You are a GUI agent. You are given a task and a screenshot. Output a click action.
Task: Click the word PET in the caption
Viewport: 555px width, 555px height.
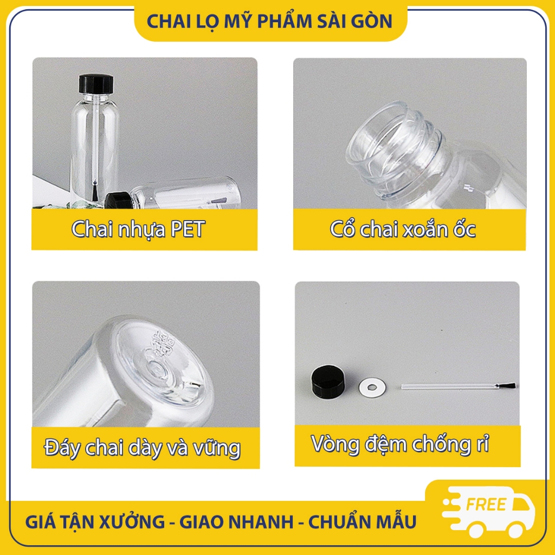[x=187, y=229]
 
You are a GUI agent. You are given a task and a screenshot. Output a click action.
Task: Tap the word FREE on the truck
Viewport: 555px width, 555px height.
[x=486, y=505]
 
